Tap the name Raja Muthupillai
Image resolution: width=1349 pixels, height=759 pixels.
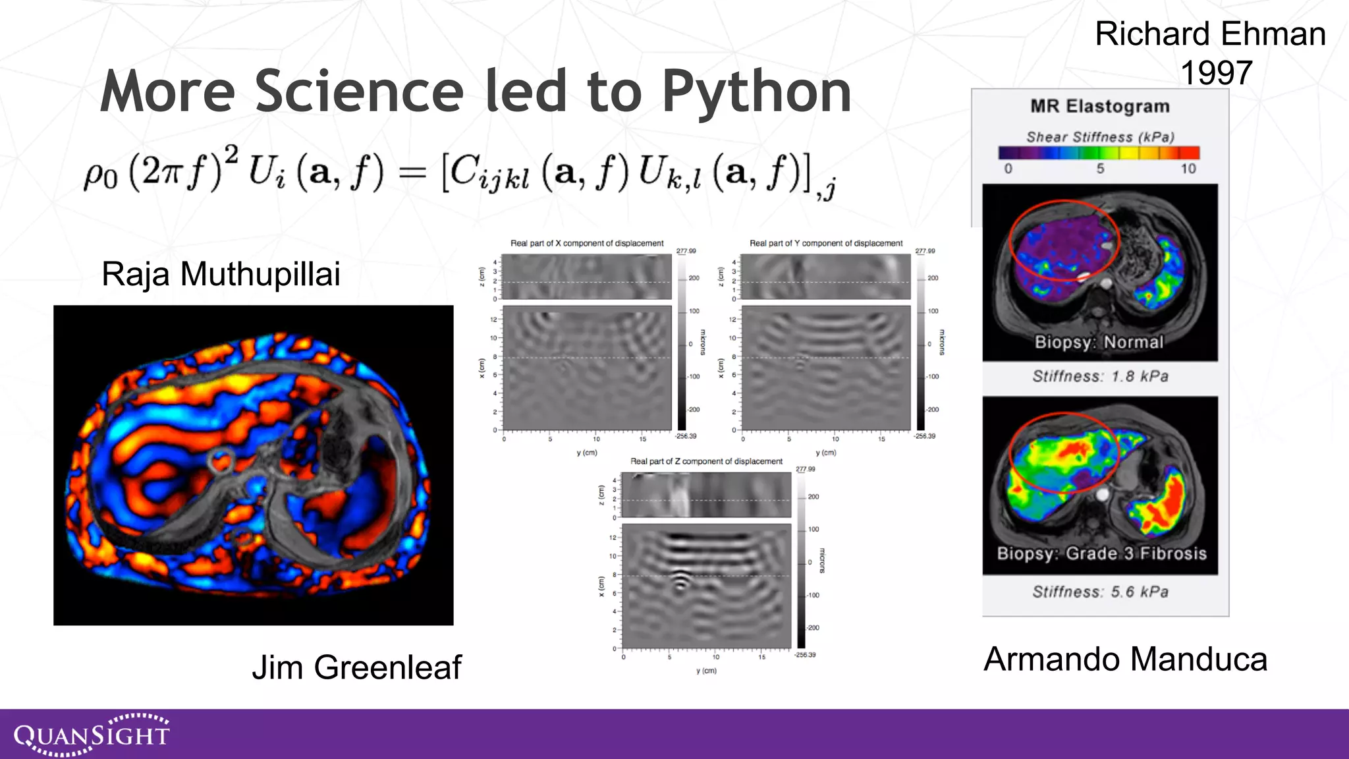click(x=221, y=274)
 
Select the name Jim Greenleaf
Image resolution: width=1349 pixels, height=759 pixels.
click(x=356, y=667)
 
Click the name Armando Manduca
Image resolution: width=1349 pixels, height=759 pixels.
click(x=1125, y=660)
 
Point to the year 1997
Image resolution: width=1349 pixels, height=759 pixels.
click(x=1215, y=72)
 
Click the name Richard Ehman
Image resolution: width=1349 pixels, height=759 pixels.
click(x=1210, y=34)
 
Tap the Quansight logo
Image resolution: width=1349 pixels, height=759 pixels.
click(x=92, y=734)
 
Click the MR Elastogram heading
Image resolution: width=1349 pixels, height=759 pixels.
click(x=1100, y=106)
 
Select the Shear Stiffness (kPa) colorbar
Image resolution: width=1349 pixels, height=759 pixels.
click(x=1099, y=153)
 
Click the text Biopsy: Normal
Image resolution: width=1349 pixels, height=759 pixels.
click(x=1099, y=342)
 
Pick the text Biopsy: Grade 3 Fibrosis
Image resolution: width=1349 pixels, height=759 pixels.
click(x=1101, y=553)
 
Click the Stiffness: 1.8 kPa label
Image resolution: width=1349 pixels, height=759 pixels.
click(x=1100, y=376)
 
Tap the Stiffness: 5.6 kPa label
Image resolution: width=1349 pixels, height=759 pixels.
click(x=1100, y=592)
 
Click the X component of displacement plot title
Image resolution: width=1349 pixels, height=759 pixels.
click(x=587, y=243)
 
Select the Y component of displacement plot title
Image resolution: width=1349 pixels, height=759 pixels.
click(x=825, y=243)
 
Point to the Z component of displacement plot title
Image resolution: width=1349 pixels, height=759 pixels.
click(x=706, y=461)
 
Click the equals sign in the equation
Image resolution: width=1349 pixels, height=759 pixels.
click(x=413, y=174)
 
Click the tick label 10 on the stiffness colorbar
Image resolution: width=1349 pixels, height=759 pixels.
click(x=1188, y=169)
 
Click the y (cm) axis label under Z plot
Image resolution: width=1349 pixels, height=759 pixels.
click(x=706, y=671)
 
